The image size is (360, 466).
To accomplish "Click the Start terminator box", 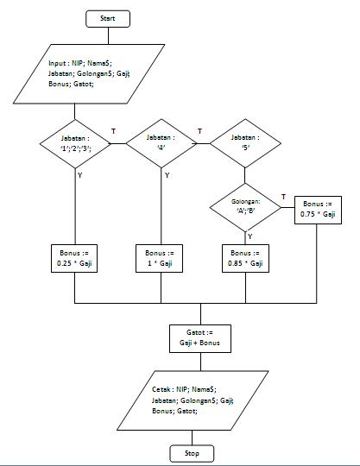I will pyautogui.click(x=107, y=18).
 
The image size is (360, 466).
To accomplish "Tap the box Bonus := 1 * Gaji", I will pyautogui.click(x=161, y=259).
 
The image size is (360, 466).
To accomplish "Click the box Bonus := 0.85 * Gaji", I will pyautogui.click(x=246, y=259).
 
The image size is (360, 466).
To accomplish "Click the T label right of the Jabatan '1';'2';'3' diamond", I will pyautogui.click(x=114, y=131).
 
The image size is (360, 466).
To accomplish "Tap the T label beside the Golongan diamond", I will pyautogui.click(x=283, y=198).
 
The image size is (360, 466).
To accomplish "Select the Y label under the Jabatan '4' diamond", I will pyautogui.click(x=167, y=174).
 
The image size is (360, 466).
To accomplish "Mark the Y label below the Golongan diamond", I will pyautogui.click(x=250, y=236).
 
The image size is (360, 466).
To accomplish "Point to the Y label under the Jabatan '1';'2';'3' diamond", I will pyautogui.click(x=81, y=174).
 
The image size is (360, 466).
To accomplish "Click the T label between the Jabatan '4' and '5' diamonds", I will pyautogui.click(x=199, y=131).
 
